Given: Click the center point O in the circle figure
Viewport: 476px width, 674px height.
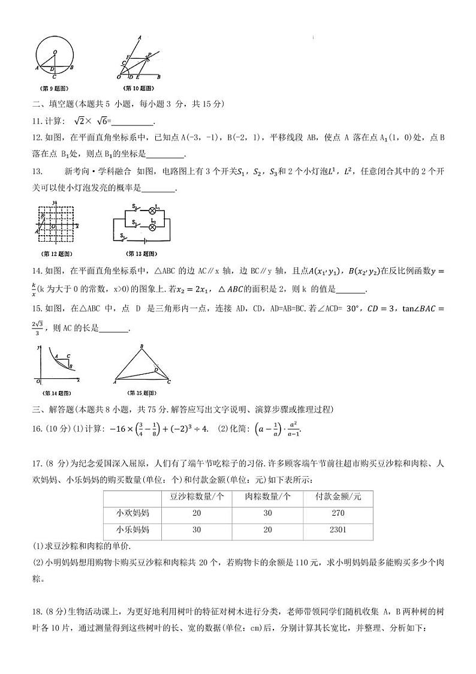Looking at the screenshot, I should click(x=55, y=53).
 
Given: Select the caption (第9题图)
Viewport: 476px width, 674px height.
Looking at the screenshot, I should click(x=55, y=88).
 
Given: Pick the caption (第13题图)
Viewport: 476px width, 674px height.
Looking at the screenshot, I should click(x=142, y=252).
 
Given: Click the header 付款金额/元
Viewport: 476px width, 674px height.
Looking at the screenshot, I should click(x=338, y=497).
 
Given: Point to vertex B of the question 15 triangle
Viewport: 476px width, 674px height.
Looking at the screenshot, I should click(x=141, y=347).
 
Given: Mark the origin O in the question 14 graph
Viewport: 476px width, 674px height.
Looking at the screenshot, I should click(x=38, y=381).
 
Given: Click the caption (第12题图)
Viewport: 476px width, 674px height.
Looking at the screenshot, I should click(x=55, y=252).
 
